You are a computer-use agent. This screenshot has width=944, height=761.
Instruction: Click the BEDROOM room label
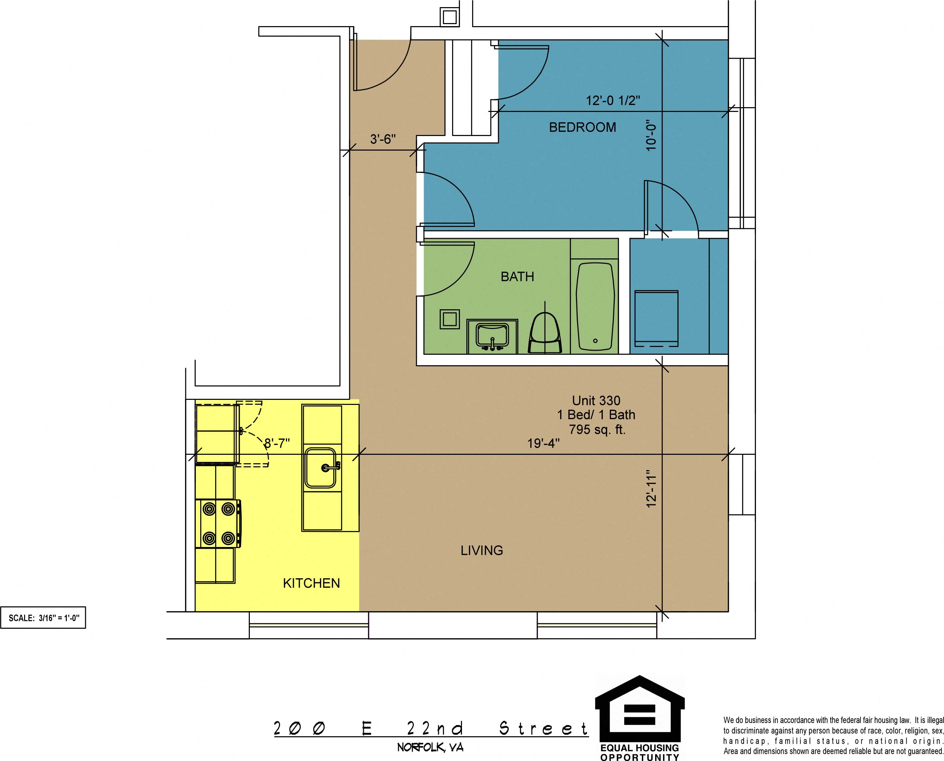tap(582, 128)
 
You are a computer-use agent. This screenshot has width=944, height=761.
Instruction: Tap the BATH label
tap(518, 277)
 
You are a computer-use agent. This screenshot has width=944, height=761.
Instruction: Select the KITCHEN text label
tap(312, 583)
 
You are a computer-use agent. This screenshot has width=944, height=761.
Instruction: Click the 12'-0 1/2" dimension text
tap(613, 100)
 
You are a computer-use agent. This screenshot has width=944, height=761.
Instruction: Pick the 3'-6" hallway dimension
tap(383, 139)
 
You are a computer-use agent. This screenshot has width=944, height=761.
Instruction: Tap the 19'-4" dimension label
tap(543, 443)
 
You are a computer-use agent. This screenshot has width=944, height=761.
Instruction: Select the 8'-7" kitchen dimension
tap(277, 443)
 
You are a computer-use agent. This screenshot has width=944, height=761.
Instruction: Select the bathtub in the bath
tap(595, 306)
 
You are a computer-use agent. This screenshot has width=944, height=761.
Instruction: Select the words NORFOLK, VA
tap(430, 747)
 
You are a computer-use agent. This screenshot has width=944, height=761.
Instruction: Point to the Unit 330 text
tap(596, 400)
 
